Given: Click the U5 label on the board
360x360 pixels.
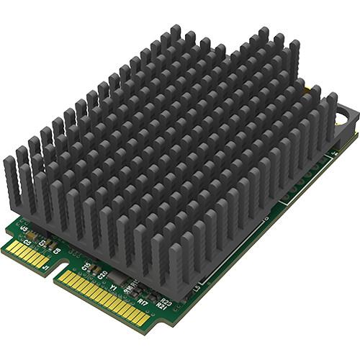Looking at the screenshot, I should pos(25,229).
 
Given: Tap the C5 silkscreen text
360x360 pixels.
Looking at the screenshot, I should pos(27,242).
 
